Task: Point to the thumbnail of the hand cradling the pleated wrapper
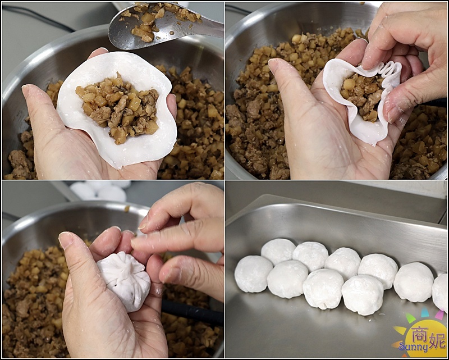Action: click(274, 65)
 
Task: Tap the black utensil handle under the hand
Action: click(191, 312)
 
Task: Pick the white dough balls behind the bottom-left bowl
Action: click(104, 191)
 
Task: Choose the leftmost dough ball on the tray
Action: click(253, 274)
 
